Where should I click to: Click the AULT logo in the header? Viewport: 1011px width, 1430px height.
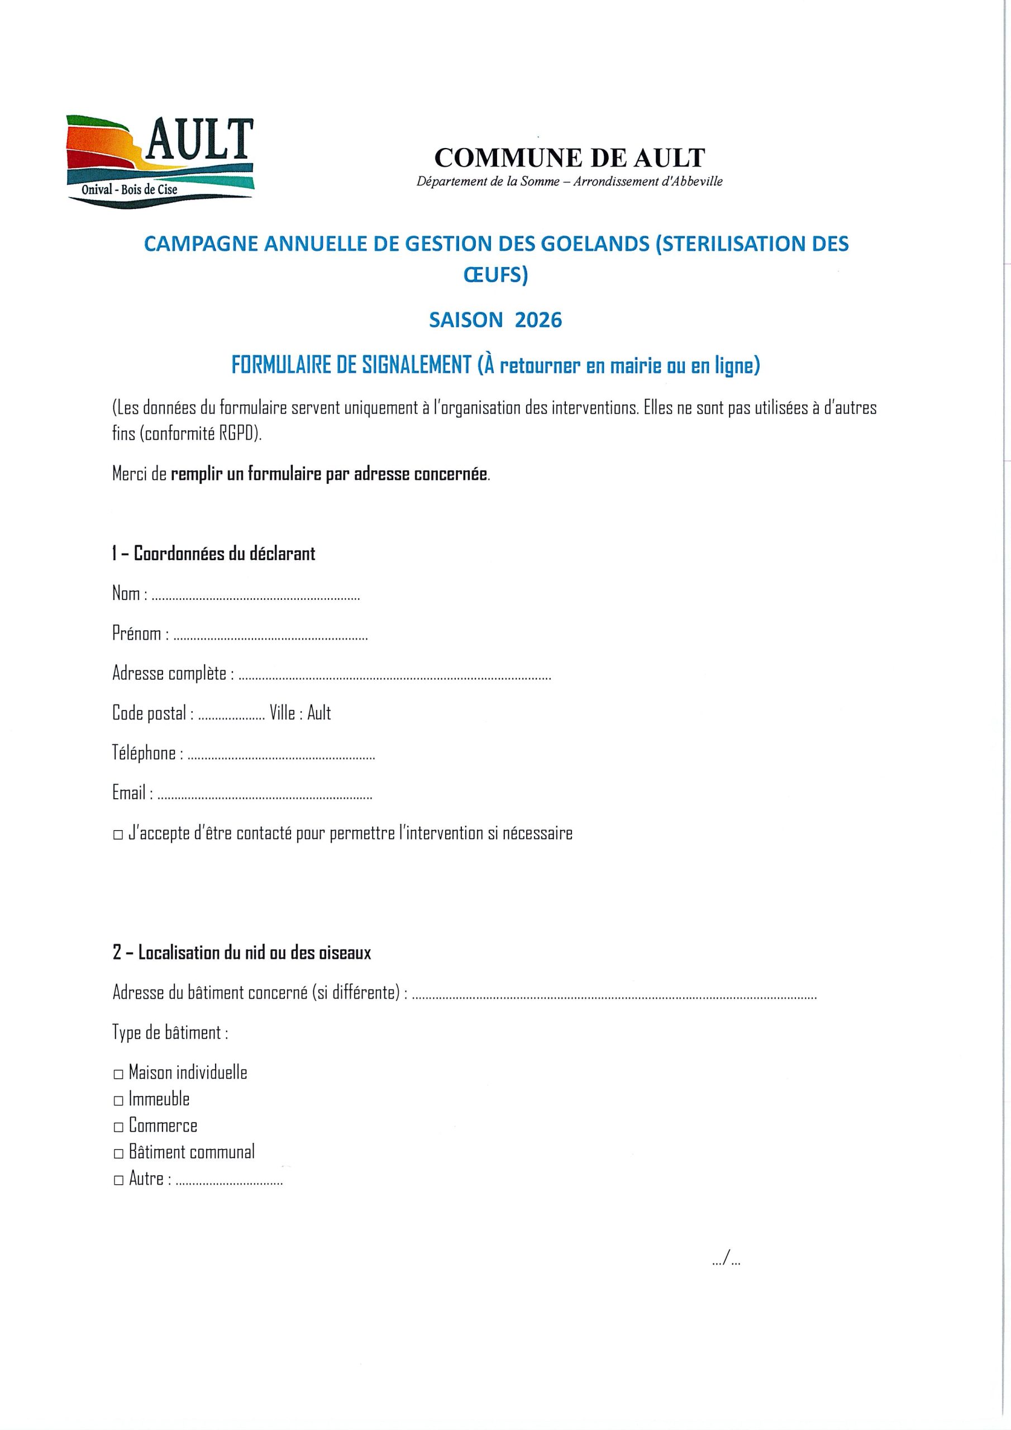pyautogui.click(x=160, y=161)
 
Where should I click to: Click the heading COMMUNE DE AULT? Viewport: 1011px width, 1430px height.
pyautogui.click(x=569, y=158)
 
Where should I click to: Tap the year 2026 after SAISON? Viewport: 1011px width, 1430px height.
pyautogui.click(x=538, y=320)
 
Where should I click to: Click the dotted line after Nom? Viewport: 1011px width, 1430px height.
pyautogui.click(x=255, y=597)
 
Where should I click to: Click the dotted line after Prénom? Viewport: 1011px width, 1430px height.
pyautogui.click(x=270, y=638)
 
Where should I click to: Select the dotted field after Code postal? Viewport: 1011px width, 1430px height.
pyautogui.click(x=231, y=717)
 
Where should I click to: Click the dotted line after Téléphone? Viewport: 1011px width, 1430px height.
pyautogui.click(x=281, y=757)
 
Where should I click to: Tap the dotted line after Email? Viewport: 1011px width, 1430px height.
pyautogui.click(x=265, y=797)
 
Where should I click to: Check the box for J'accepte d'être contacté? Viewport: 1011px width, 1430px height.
pyautogui.click(x=118, y=836)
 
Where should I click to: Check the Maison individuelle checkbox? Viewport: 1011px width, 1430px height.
pyautogui.click(x=118, y=1074)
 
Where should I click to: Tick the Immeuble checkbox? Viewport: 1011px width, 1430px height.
pyautogui.click(x=118, y=1101)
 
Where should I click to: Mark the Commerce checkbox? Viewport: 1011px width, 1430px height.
pyautogui.click(x=118, y=1127)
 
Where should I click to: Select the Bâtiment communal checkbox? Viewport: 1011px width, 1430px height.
pyautogui.click(x=118, y=1154)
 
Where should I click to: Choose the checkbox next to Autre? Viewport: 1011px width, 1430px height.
pyautogui.click(x=118, y=1181)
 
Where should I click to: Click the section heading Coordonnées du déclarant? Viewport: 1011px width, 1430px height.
pyautogui.click(x=214, y=554)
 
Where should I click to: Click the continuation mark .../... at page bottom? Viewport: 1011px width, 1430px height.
pyautogui.click(x=726, y=1261)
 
